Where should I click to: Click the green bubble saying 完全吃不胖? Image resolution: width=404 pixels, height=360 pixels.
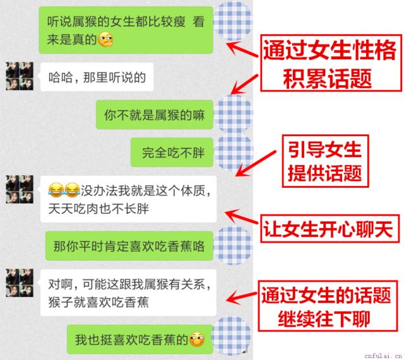pyautogui.click(x=172, y=152)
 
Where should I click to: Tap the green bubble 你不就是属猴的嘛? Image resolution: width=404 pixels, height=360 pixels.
pyautogui.click(x=155, y=115)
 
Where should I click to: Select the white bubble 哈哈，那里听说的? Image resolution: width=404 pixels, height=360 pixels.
pyautogui.click(x=97, y=77)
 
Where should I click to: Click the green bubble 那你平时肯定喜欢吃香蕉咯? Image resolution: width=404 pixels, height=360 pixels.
pyautogui.click(x=129, y=246)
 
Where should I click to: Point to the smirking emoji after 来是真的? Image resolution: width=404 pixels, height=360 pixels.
pyautogui.click(x=105, y=39)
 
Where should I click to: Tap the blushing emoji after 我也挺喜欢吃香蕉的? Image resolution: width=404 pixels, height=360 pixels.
pyautogui.click(x=197, y=339)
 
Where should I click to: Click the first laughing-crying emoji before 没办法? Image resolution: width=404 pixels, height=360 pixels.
pyautogui.click(x=56, y=190)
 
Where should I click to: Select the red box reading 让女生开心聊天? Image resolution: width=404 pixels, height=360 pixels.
pyautogui.click(x=330, y=229)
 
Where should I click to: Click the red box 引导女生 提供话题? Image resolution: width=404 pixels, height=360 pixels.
pyautogui.click(x=326, y=161)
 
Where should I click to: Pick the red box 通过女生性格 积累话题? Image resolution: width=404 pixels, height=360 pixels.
pyautogui.click(x=331, y=63)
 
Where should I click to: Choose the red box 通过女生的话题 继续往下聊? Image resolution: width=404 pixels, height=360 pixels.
pyautogui.click(x=328, y=306)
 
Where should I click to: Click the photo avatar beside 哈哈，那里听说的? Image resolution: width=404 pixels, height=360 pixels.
pyautogui.click(x=20, y=76)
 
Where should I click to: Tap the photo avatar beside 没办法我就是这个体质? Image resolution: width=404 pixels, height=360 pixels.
pyautogui.click(x=20, y=189)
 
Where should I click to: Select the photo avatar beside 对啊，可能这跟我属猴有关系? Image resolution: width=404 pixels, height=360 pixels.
pyautogui.click(x=20, y=282)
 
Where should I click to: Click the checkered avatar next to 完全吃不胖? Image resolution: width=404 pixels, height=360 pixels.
pyautogui.click(x=234, y=152)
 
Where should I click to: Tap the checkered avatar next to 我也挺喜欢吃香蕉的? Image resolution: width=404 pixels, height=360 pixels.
pyautogui.click(x=230, y=336)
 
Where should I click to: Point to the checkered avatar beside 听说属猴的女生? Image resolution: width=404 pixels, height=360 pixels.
pyautogui.click(x=233, y=21)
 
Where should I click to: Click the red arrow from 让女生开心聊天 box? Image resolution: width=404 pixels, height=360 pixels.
pyautogui.click(x=241, y=217)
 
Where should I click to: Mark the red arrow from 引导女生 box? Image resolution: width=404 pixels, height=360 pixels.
pyautogui.click(x=256, y=163)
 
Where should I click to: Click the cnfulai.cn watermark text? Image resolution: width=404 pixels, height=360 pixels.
pyautogui.click(x=383, y=356)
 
